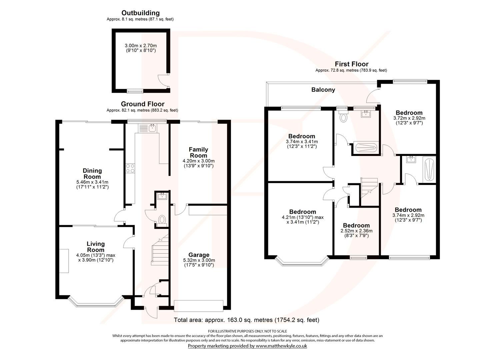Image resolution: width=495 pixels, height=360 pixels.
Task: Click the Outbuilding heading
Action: (140, 13)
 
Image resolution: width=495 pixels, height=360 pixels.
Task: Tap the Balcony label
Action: (323, 90)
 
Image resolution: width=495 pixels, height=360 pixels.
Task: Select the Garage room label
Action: (199, 255)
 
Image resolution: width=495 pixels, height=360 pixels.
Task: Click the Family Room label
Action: (198, 152)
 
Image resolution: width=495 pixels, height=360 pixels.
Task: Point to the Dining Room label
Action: (92, 174)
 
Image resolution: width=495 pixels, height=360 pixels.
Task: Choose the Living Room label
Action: (96, 247)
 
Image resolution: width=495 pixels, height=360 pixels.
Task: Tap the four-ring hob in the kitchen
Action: (130, 168)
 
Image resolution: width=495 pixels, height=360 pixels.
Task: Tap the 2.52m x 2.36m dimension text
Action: (356, 231)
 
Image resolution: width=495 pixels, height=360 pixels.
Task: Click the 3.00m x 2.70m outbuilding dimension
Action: (140, 46)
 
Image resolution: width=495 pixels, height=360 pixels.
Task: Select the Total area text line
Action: (246, 320)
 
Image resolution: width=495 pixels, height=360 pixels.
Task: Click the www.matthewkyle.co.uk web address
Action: (281, 346)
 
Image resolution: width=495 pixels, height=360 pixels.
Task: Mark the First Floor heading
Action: (351, 64)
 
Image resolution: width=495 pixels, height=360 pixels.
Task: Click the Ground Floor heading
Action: (142, 104)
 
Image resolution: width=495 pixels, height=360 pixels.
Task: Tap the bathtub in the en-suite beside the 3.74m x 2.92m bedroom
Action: (429, 170)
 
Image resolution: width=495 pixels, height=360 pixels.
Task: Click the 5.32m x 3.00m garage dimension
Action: (199, 260)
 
